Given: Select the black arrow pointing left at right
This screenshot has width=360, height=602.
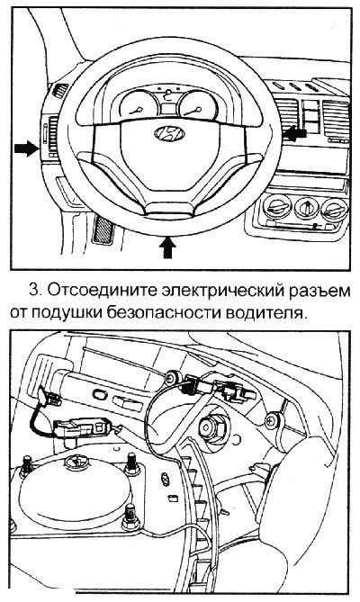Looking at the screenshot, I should [x=296, y=132].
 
